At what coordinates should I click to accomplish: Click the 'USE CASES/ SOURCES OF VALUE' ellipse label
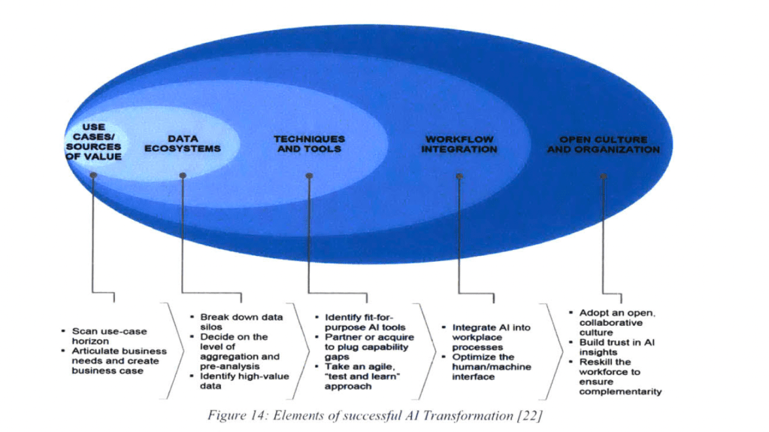pyautogui.click(x=93, y=142)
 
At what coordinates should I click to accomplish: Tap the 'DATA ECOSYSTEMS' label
pyautogui.click(x=183, y=144)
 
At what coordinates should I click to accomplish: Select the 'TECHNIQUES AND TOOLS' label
pyautogui.click(x=309, y=144)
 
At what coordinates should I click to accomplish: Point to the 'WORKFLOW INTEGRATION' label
pyautogui.click(x=459, y=144)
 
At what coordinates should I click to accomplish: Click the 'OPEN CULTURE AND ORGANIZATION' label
pyautogui.click(x=603, y=144)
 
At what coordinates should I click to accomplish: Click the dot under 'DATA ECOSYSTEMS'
pyautogui.click(x=183, y=175)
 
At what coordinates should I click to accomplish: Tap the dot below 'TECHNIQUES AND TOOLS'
pyautogui.click(x=309, y=176)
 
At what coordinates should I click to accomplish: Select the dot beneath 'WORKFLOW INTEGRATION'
pyautogui.click(x=459, y=176)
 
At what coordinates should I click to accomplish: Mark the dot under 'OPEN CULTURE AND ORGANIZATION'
pyautogui.click(x=603, y=176)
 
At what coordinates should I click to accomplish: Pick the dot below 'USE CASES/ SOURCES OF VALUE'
pyautogui.click(x=93, y=175)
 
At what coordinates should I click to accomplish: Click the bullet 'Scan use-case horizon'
pyautogui.click(x=105, y=336)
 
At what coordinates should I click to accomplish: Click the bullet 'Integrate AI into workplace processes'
pyautogui.click(x=489, y=337)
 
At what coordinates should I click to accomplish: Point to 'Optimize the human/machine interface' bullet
pyautogui.click(x=489, y=367)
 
